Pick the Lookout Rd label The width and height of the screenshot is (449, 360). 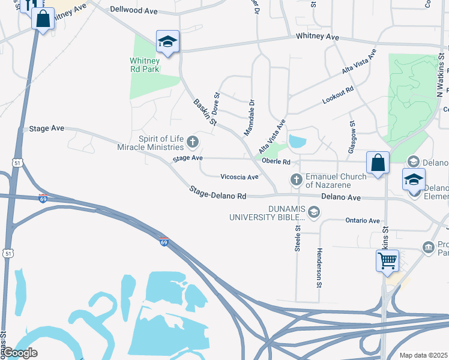338,96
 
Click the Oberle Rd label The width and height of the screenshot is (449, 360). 278,162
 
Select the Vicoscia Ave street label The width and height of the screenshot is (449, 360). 240,177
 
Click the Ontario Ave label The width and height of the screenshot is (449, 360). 363,221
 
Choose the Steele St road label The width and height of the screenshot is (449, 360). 298,237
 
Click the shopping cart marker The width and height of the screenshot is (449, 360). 387,260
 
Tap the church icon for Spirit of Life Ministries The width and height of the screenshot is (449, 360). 193,142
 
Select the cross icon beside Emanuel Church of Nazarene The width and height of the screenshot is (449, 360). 296,179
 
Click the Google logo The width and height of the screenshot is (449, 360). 19,353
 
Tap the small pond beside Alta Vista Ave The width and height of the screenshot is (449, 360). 297,142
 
